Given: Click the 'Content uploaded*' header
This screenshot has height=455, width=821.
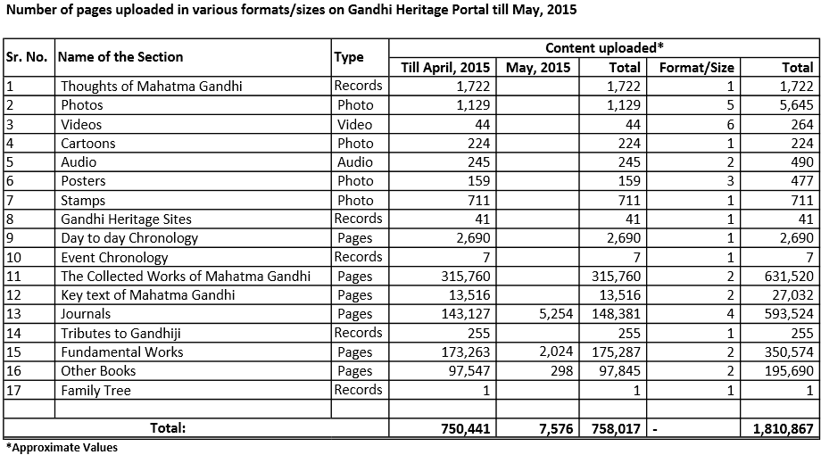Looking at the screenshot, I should point(604,47).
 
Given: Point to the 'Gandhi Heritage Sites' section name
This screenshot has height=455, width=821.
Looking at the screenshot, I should point(126,219).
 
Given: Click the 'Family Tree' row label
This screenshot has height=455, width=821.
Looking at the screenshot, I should point(95,390).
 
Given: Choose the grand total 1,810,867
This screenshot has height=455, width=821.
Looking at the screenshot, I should point(777,428).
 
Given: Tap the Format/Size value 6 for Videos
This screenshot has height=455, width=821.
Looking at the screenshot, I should point(728,124).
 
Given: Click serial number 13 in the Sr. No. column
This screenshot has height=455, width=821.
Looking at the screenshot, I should point(12,313).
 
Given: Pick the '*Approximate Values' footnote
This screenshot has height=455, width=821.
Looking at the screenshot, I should point(61,448).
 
